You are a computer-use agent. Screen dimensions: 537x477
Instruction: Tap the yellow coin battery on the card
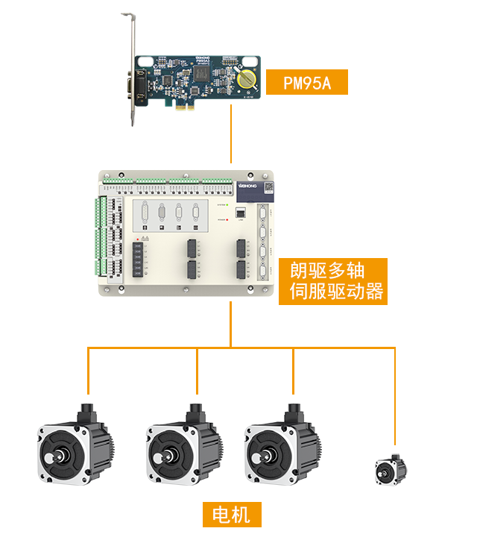point(245,77)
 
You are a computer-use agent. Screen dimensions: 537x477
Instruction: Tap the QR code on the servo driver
point(271,189)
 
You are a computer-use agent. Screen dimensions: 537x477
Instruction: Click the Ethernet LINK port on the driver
point(241,211)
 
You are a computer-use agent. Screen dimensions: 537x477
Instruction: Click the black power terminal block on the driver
point(139,257)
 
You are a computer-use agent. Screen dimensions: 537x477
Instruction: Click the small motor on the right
point(391,470)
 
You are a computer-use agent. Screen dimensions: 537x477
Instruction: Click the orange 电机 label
point(232,515)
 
